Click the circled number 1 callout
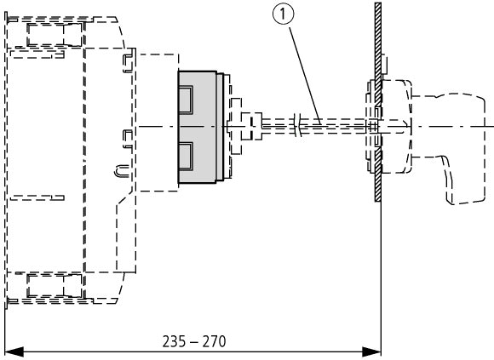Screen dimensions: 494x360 click(284, 14)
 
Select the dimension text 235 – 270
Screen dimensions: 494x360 click(194, 341)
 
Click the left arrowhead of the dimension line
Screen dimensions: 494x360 click(14, 352)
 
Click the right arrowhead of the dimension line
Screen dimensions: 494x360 click(371, 351)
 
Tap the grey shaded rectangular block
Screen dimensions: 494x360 click(198, 127)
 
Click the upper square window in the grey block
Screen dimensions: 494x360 click(186, 100)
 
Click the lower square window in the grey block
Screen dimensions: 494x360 click(186, 156)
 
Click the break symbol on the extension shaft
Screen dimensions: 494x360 click(298, 126)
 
